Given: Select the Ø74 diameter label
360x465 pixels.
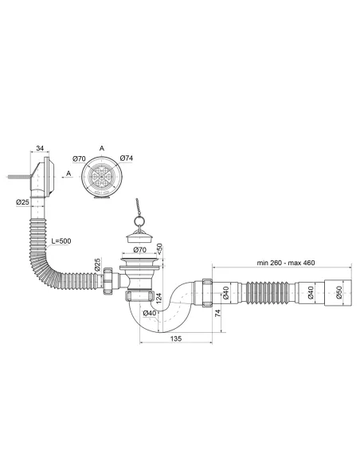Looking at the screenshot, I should point(125,158).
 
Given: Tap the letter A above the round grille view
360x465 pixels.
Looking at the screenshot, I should point(102,148).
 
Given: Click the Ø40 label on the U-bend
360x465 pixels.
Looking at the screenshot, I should point(149,313).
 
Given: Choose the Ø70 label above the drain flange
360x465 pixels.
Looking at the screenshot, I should point(139,250).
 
